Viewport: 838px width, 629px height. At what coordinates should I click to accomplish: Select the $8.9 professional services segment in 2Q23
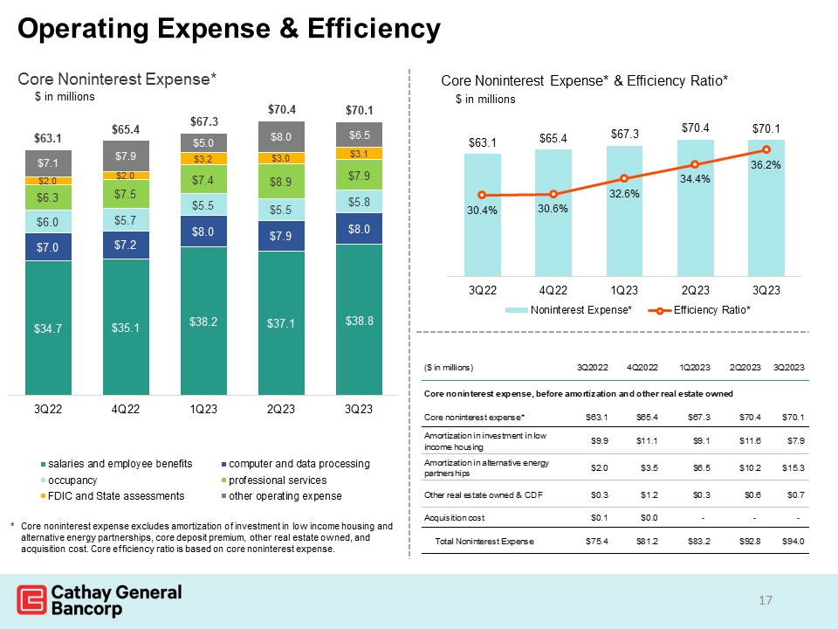pos(281,182)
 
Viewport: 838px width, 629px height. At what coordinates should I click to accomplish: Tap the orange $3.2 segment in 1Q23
pos(203,159)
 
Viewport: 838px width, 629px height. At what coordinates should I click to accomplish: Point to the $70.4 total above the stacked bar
pos(281,110)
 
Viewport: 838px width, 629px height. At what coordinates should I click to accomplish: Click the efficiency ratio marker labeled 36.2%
pos(766,150)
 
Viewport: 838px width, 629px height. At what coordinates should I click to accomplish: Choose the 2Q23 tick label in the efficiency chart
pos(695,289)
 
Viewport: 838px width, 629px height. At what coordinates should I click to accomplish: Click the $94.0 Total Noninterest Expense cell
pos(792,542)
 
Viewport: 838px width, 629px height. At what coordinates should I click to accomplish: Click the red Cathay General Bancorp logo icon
pos(31,601)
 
